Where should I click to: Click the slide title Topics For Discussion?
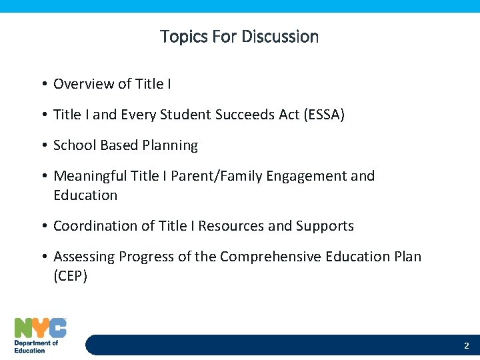(239, 37)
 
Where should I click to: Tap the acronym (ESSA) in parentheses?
(324, 115)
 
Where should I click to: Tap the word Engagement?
(303, 176)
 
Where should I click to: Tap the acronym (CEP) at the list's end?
(70, 276)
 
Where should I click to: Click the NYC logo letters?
(40, 327)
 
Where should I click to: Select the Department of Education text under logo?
(36, 347)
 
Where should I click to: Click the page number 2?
(466, 346)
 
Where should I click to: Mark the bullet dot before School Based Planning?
(43, 146)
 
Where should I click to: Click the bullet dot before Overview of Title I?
(43, 84)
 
